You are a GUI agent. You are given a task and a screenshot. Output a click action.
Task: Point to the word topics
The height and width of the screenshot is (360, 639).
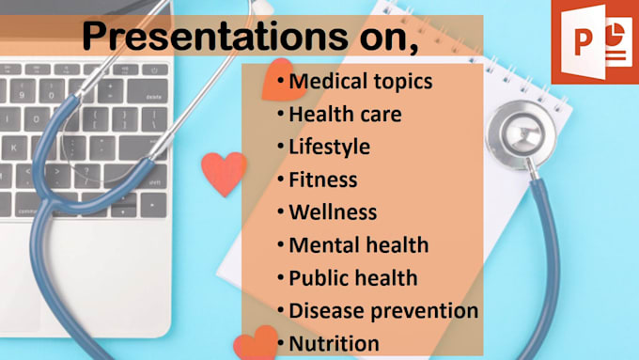(400, 82)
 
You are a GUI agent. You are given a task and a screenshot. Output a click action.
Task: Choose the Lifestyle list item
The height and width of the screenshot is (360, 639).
(329, 148)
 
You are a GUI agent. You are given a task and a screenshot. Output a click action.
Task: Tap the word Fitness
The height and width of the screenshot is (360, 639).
(323, 180)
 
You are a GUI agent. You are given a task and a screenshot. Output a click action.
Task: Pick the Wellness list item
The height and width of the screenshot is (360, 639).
(333, 213)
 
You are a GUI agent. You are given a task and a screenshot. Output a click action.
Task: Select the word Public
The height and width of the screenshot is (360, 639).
(317, 278)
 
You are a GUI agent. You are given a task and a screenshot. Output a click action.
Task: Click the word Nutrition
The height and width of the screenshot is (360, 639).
(334, 343)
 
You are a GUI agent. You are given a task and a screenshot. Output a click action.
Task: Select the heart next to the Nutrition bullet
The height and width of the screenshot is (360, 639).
(255, 343)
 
